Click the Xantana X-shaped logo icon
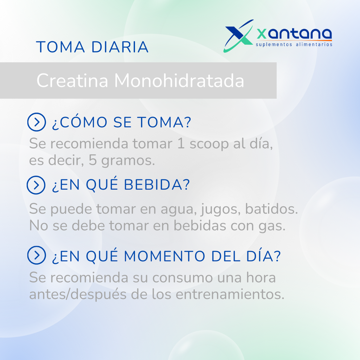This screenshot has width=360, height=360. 238,36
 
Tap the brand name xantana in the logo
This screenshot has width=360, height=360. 294,34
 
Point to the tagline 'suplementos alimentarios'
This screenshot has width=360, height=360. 294,44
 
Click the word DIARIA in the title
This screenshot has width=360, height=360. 120,47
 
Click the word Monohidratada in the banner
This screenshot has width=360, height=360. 179,81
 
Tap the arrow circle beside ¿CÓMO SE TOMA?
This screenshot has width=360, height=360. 37,122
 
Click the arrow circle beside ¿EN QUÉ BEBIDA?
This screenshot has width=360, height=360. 36,185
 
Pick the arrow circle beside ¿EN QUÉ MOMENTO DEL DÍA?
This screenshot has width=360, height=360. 37,255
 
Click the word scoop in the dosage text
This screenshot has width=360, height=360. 209,144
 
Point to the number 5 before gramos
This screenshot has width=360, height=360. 92,160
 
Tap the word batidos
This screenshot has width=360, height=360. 271,209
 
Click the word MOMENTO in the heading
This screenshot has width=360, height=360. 165,256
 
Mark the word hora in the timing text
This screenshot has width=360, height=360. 261,277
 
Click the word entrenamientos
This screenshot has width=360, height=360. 230,294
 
